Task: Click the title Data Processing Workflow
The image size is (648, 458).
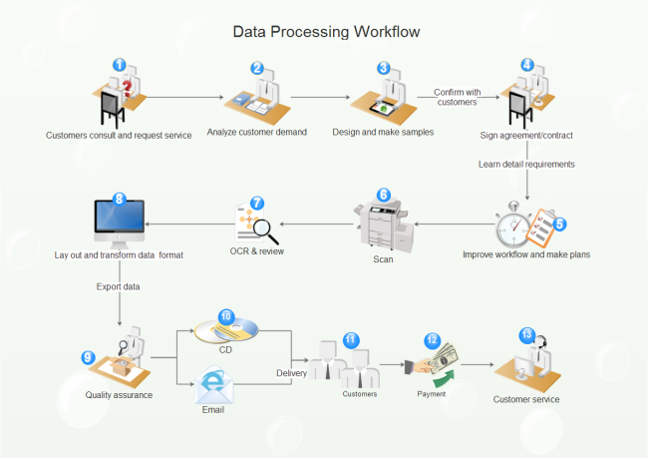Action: click(326, 32)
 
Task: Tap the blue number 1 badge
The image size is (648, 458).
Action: click(120, 65)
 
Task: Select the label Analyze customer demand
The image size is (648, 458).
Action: click(256, 132)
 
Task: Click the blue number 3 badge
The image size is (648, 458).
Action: click(384, 68)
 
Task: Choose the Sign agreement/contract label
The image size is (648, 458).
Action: click(526, 134)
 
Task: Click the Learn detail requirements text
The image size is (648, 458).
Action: click(526, 164)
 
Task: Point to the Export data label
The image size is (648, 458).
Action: click(119, 286)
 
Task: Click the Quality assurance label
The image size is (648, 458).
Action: click(119, 395)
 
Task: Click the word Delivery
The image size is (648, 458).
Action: click(293, 373)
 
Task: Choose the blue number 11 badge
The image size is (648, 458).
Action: click(350, 339)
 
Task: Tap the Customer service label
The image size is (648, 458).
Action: click(526, 399)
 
